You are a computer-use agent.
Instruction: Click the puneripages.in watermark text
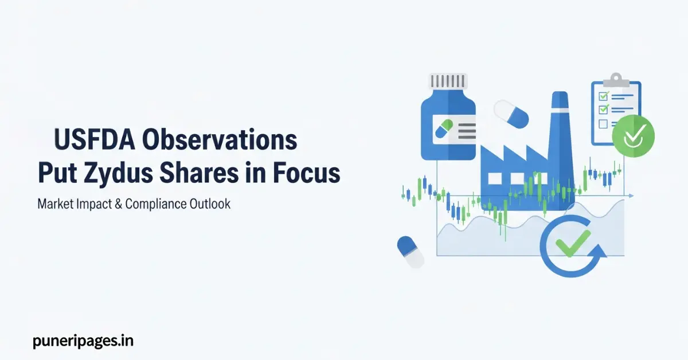tap(84, 341)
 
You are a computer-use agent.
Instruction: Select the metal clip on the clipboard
tap(616, 79)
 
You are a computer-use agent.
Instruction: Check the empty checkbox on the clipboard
tap(603, 124)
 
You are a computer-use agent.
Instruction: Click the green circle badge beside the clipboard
tap(633, 135)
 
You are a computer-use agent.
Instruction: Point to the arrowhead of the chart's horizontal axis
tap(631, 197)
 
